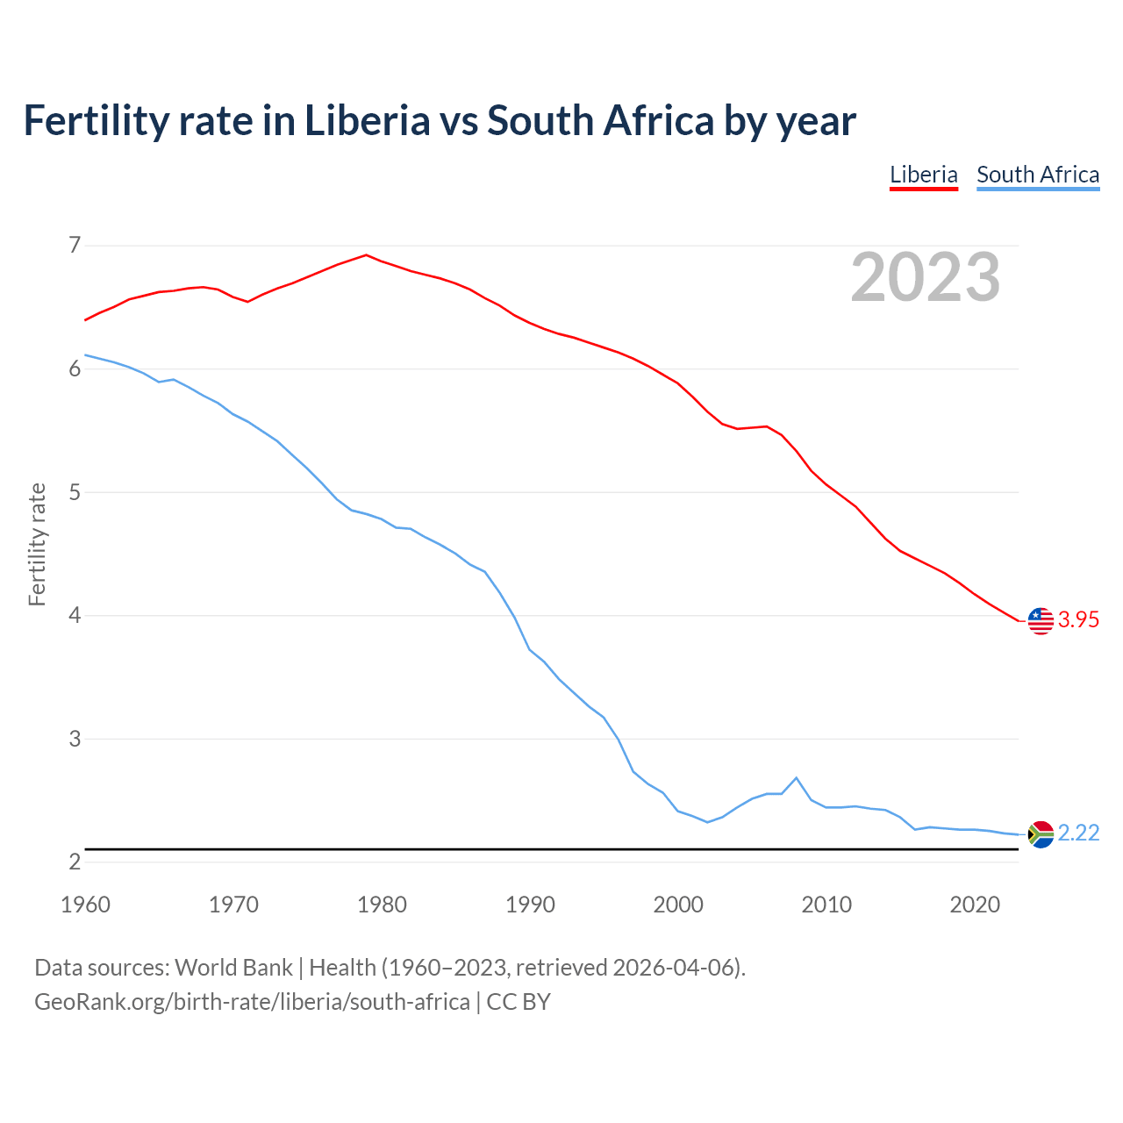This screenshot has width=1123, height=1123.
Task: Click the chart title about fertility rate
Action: pyautogui.click(x=440, y=121)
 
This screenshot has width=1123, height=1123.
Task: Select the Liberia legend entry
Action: pyautogui.click(x=923, y=175)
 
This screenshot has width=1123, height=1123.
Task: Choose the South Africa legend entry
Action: pyautogui.click(x=1038, y=175)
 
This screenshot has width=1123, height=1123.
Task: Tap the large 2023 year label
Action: pyautogui.click(x=925, y=277)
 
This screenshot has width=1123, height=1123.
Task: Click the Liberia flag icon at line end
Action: pyautogui.click(x=1040, y=620)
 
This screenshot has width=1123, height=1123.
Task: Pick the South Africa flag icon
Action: pyautogui.click(x=1040, y=833)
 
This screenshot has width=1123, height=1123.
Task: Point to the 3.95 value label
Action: pyautogui.click(x=1078, y=620)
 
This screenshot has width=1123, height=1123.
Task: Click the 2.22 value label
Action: pyautogui.click(x=1078, y=833)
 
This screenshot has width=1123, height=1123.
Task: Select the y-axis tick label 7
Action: pyautogui.click(x=75, y=245)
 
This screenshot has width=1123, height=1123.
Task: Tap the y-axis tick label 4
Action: pyautogui.click(x=75, y=615)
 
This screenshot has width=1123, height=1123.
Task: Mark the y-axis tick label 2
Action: pyautogui.click(x=75, y=862)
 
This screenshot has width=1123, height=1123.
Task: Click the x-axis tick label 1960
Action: pyautogui.click(x=85, y=905)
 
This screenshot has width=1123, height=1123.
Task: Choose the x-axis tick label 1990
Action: pyautogui.click(x=530, y=905)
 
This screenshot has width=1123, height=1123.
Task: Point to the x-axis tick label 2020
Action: pyautogui.click(x=975, y=905)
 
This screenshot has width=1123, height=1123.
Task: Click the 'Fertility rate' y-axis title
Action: pyautogui.click(x=37, y=544)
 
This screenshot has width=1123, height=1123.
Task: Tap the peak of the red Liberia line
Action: pyautogui.click(x=367, y=255)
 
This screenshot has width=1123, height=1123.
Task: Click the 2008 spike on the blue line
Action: pyautogui.click(x=796, y=778)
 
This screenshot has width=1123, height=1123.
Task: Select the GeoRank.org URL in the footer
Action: pyautogui.click(x=252, y=1002)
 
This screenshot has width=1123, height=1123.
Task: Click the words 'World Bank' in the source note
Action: pyautogui.click(x=233, y=968)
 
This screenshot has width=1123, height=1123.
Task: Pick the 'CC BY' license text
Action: pyautogui.click(x=519, y=1002)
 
